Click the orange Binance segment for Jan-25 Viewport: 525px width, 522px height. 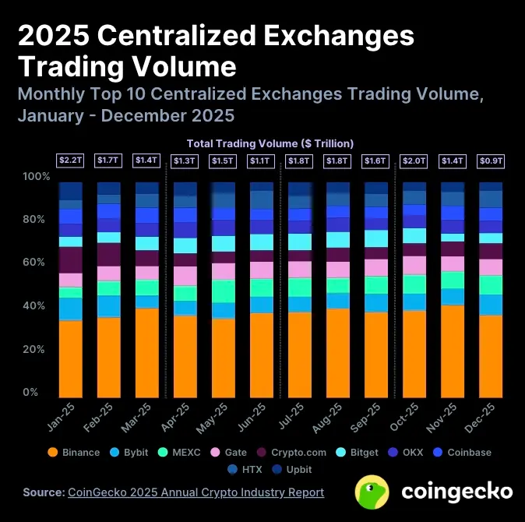(x=70, y=358)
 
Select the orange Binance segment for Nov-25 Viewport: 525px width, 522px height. (x=452, y=351)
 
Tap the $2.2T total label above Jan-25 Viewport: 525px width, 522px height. (x=70, y=160)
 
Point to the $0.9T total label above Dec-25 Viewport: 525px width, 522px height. (x=490, y=160)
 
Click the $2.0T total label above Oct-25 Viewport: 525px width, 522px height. (x=414, y=160)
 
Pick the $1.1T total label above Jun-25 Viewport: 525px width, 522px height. (x=261, y=160)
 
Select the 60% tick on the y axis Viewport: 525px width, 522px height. (x=37, y=263)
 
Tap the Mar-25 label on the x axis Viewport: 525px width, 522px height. (x=139, y=418)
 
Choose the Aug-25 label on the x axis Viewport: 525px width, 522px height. (x=330, y=418)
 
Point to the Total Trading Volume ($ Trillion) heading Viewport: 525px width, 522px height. (x=270, y=143)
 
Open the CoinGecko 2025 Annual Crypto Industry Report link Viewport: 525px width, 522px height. (x=196, y=492)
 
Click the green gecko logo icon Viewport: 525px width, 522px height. (x=373, y=492)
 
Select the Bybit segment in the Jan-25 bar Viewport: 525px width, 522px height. (x=70, y=309)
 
